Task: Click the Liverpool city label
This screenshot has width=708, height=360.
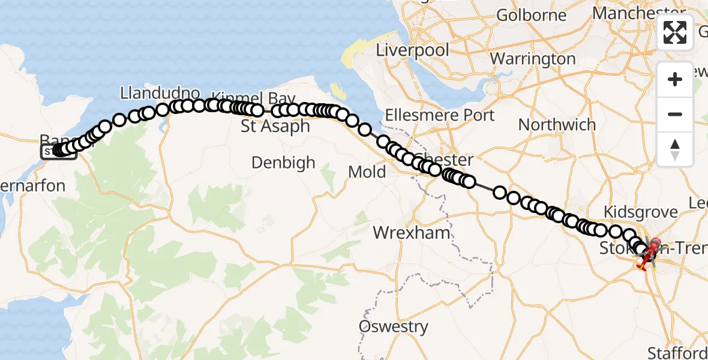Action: [x=412, y=50]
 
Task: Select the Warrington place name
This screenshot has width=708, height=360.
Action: [x=533, y=59]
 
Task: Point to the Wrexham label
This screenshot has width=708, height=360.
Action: [x=412, y=233]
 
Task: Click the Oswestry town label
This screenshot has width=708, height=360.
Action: [x=394, y=327]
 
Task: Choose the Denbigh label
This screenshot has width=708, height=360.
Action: [x=283, y=163]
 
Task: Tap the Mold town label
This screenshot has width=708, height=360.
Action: [x=367, y=172]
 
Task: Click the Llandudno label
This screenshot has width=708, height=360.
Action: [x=160, y=93]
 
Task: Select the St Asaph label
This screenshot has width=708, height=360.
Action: [x=275, y=127]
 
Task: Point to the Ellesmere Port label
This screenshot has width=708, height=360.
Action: [x=440, y=115]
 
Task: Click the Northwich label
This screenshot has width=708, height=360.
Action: [x=557, y=125]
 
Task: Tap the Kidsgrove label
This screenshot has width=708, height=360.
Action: [x=640, y=212]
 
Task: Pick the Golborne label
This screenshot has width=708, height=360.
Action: [x=532, y=15]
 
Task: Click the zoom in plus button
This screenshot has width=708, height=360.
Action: [x=675, y=79]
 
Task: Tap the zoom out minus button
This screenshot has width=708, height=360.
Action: [x=675, y=114]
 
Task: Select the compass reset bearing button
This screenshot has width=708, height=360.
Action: [x=675, y=149]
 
